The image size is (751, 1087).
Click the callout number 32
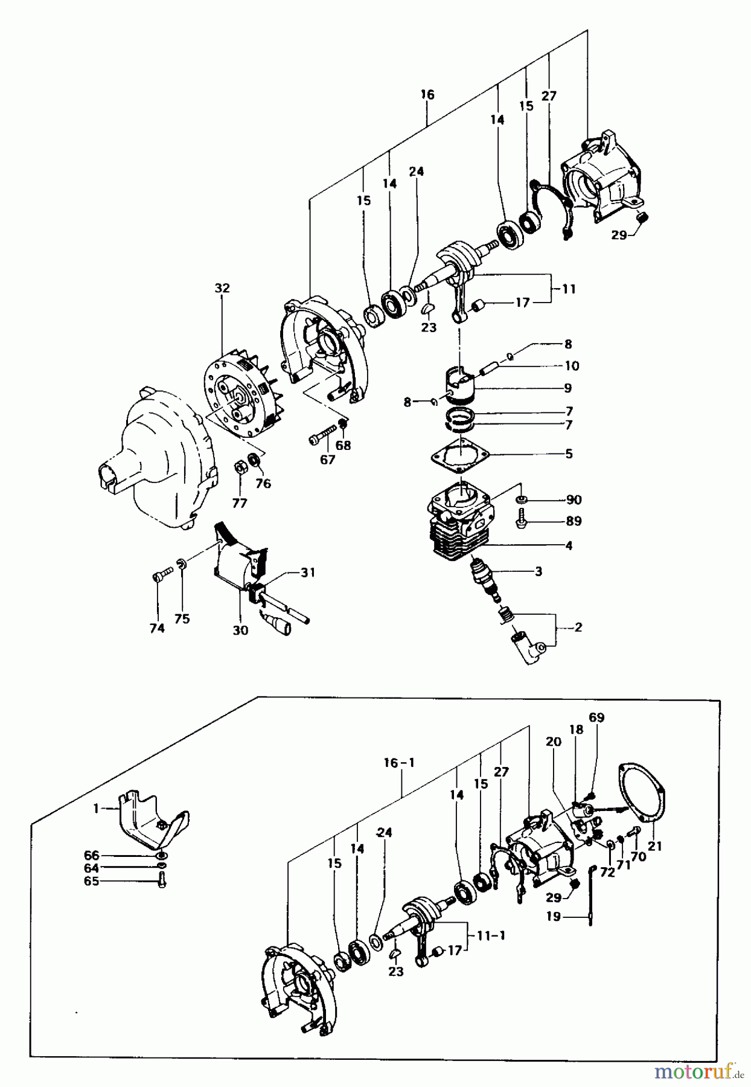[222, 288]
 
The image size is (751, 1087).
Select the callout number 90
[574, 499]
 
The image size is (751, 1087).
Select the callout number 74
[157, 628]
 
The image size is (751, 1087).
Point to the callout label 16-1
[400, 763]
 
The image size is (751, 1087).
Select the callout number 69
[596, 717]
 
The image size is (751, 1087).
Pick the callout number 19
[554, 916]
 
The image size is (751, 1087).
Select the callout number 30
[240, 630]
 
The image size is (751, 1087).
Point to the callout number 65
[92, 881]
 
